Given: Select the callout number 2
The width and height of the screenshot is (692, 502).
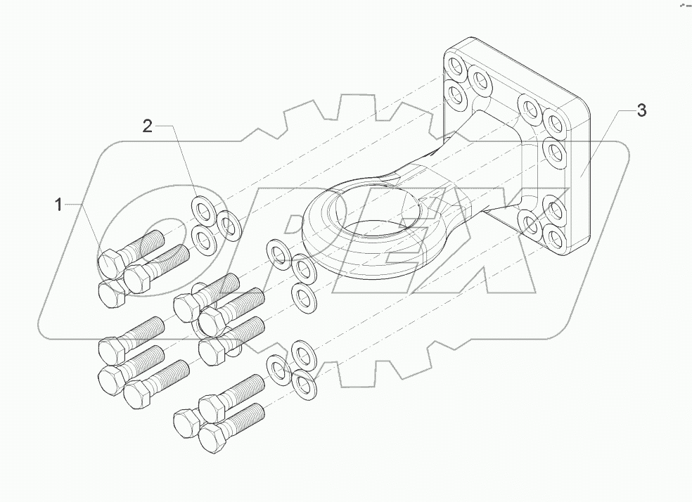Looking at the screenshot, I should pos(147,126).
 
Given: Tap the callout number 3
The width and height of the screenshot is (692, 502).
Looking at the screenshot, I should pos(641,110).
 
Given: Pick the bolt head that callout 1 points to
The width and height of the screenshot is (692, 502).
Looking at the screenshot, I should pos(110,264).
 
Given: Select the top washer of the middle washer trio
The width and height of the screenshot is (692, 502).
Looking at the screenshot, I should pos(277,253).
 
